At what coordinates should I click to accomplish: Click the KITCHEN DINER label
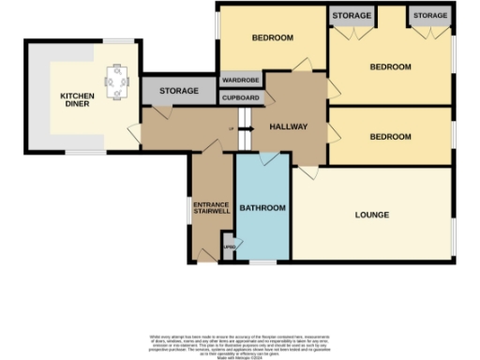[x=77, y=99]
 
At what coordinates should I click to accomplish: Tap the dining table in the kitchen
[x=117, y=82]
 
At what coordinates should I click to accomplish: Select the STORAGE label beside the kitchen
[x=178, y=91]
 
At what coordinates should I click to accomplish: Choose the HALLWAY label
[x=288, y=127]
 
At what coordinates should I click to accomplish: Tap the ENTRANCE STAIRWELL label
[x=211, y=208]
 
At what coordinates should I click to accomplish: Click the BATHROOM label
[x=262, y=206]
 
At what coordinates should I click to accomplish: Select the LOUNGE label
[x=372, y=215]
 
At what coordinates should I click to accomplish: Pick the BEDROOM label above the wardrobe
[x=273, y=38]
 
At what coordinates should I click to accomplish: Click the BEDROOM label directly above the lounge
[x=390, y=137]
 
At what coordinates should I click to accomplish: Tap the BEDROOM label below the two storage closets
[x=390, y=67]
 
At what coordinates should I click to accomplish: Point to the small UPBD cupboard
[x=229, y=248]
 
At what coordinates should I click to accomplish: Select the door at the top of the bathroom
[x=269, y=160]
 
